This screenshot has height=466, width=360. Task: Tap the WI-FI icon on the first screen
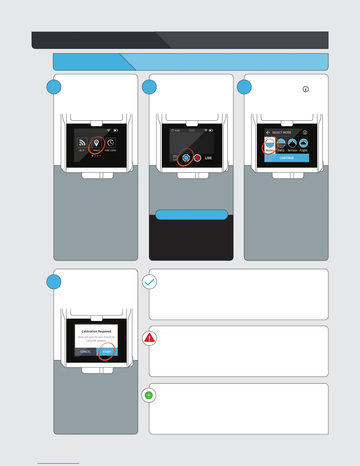tap(82, 143)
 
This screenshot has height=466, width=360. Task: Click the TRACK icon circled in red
tap(96, 143)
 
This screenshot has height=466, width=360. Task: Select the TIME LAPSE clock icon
tap(111, 143)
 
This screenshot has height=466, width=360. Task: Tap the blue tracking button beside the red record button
tap(186, 158)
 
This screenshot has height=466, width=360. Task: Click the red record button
tap(197, 158)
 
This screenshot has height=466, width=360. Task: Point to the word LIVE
tap(208, 158)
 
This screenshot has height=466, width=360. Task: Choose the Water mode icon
tap(270, 144)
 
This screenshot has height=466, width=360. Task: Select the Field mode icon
tap(281, 144)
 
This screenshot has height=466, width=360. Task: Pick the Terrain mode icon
tap(292, 144)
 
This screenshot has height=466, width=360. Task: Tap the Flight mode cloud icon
tap(304, 144)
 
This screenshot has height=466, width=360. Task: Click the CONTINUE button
tap(287, 158)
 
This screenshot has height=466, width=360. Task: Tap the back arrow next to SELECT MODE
tap(268, 132)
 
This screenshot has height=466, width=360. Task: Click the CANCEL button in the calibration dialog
tap(86, 352)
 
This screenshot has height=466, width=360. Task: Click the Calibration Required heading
tap(96, 331)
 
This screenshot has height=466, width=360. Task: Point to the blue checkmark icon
tap(149, 282)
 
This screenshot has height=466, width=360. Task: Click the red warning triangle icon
tap(149, 338)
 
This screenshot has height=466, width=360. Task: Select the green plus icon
tap(149, 395)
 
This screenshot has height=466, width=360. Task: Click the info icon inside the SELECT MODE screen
tap(305, 132)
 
